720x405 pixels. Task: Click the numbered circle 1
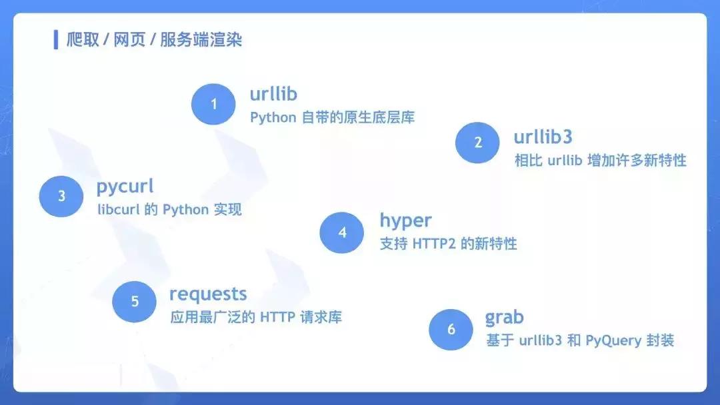pyautogui.click(x=213, y=104)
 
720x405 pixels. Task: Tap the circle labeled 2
pyautogui.click(x=477, y=142)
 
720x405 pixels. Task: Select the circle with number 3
pyautogui.click(x=61, y=196)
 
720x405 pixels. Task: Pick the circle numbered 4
pyautogui.click(x=342, y=232)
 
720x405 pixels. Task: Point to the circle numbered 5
pyautogui.click(x=134, y=301)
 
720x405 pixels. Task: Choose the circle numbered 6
pyautogui.click(x=451, y=329)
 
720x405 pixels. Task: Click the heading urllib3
pyautogui.click(x=543, y=137)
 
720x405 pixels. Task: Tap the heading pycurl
pyautogui.click(x=125, y=186)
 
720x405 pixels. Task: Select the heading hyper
pyautogui.click(x=405, y=220)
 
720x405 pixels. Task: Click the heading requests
pyautogui.click(x=208, y=294)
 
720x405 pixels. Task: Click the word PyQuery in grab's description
pyautogui.click(x=612, y=341)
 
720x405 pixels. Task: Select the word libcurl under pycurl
pyautogui.click(x=117, y=210)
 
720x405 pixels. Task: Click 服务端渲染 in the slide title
pyautogui.click(x=201, y=40)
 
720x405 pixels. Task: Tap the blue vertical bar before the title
pyautogui.click(x=56, y=39)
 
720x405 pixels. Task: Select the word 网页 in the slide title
pyautogui.click(x=129, y=40)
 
